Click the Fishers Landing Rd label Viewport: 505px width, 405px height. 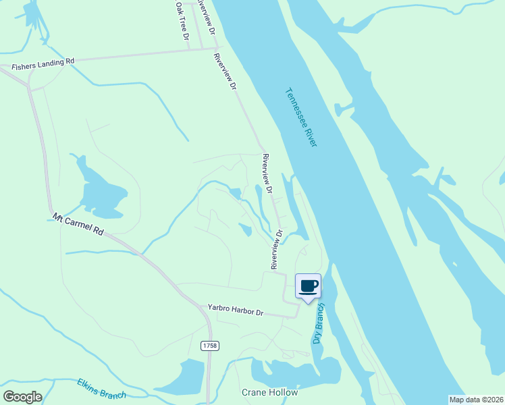click(43, 63)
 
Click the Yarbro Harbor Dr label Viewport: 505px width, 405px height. click(234, 311)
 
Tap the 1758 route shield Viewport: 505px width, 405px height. click(209, 346)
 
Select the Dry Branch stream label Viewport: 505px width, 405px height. click(319, 323)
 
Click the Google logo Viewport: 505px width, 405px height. click(23, 397)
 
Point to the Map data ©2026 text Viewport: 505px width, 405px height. click(476, 400)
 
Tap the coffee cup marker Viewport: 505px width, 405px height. click(309, 286)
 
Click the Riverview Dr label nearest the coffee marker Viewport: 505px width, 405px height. click(277, 250)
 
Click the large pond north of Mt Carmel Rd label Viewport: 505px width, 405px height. click(101, 188)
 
